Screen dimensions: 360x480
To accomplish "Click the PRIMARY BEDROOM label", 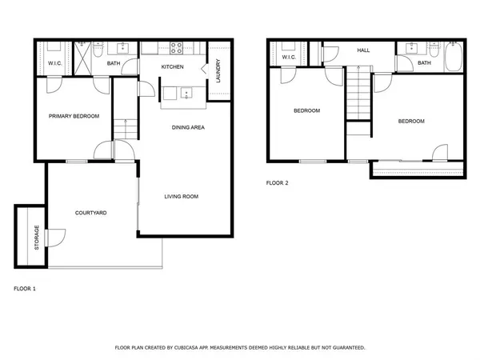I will point(74,116).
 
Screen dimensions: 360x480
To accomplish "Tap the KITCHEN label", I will point(173,66).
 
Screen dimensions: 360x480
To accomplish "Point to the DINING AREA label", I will point(190,127).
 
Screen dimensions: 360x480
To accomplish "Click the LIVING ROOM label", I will point(181,196).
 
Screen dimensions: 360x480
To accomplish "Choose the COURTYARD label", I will point(91,213).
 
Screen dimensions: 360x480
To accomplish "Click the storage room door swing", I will point(57,237).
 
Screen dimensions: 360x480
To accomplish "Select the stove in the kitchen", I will point(175,46).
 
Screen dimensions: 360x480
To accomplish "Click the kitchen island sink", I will point(185,91).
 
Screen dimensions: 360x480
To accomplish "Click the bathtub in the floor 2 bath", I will point(453,57).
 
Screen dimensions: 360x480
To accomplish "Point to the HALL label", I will point(363,50).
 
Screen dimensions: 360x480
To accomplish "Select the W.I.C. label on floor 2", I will point(289,58).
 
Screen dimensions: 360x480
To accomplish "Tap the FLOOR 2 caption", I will point(277,182).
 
